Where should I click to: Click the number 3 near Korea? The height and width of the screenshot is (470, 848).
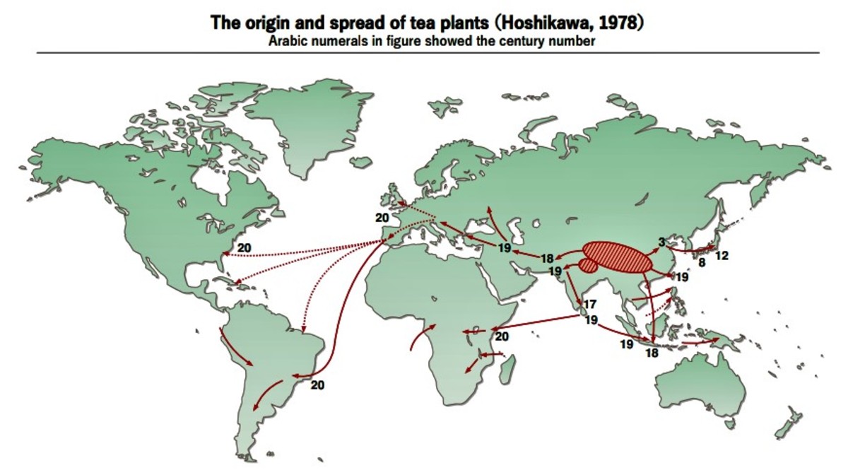pos(661,242)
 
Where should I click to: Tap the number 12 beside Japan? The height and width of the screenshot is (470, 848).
pos(722,255)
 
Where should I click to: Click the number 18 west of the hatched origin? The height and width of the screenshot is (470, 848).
pos(547,258)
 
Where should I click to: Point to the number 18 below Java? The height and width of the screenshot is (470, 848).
pos(651,353)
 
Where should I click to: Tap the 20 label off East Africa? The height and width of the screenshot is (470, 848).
pos(502,336)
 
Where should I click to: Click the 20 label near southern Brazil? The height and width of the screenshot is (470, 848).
pos(317,384)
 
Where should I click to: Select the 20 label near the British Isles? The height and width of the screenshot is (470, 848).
pos(382,218)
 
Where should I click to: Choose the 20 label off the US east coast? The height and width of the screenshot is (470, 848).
pos(245,247)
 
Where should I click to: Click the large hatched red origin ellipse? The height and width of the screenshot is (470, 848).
pos(617,257)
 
